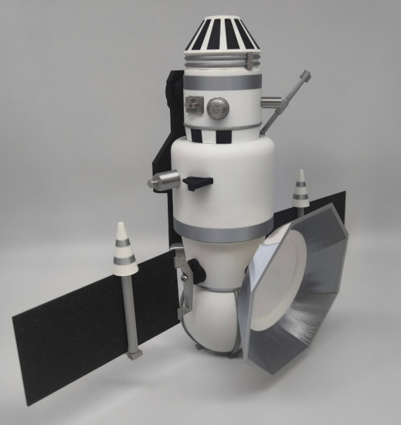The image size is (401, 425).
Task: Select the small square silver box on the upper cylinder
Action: point(195,105)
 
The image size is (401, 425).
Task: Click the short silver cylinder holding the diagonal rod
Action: point(272,100)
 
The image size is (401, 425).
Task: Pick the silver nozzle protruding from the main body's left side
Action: point(162,182)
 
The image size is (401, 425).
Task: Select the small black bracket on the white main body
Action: point(198,182)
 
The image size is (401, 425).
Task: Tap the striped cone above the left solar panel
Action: point(124,249)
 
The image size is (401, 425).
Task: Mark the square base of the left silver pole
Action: point(135,355)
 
